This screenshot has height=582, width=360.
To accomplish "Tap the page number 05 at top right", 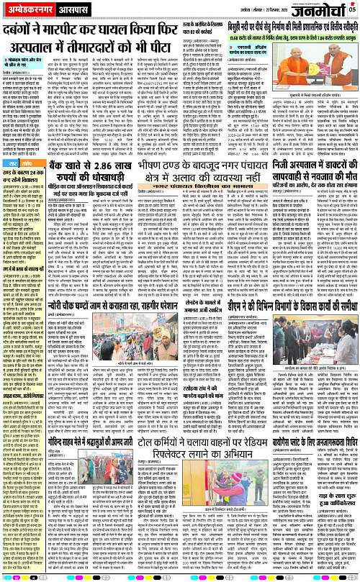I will click(x=354, y=9).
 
